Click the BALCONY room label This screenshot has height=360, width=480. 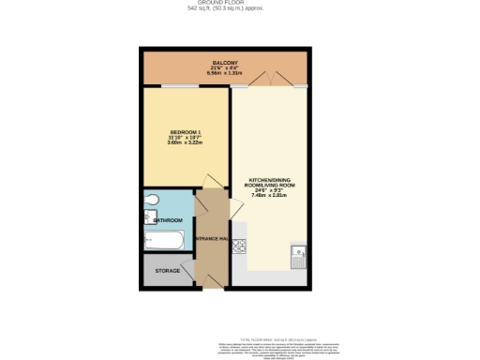223,63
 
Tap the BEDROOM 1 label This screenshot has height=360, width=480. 185,130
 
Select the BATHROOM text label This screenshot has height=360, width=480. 168,221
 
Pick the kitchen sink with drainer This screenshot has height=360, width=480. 299,254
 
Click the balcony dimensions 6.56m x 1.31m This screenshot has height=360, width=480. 223,74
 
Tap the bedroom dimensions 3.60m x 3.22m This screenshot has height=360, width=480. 185,142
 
